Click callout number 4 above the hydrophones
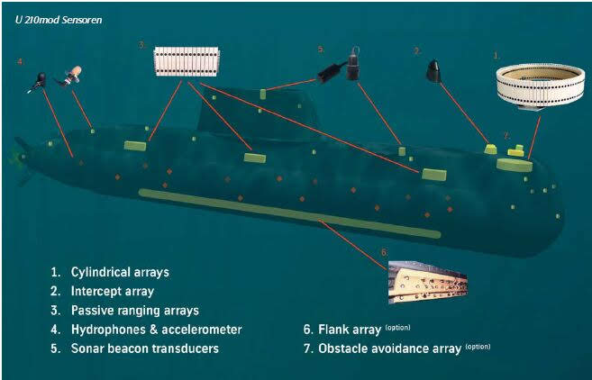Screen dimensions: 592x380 coord(21,62)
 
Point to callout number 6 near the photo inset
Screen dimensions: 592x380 coord(384,251)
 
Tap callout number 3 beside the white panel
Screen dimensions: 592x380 coord(141,45)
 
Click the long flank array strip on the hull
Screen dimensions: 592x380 coord(288,213)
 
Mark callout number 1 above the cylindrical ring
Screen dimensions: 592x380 coord(496,55)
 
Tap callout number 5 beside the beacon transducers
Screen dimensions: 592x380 coord(321,49)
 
